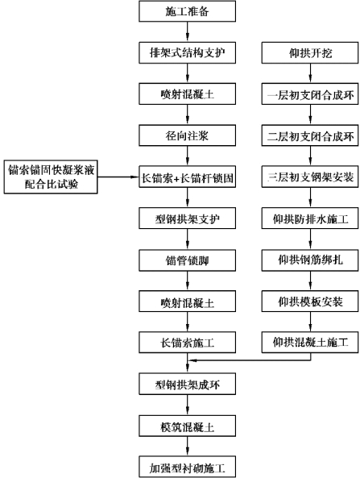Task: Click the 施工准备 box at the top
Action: pyautogui.click(x=188, y=11)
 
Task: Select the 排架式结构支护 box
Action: pyautogui.click(x=188, y=53)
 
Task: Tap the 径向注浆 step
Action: pyautogui.click(x=188, y=135)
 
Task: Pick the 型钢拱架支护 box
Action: pyautogui.click(x=188, y=218)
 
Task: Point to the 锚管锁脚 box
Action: pyautogui.click(x=188, y=260)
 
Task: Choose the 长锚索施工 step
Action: pyautogui.click(x=188, y=343)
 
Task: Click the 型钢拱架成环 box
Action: pyautogui.click(x=188, y=384)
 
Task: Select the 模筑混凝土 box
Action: pyautogui.click(x=188, y=426)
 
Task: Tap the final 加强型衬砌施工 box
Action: pyautogui.click(x=188, y=467)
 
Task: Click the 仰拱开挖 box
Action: pyautogui.click(x=310, y=53)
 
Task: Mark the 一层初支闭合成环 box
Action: pyautogui.click(x=310, y=94)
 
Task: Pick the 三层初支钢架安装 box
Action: pyautogui.click(x=310, y=177)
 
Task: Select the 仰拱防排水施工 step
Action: pyautogui.click(x=310, y=218)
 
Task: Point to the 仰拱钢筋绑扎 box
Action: pyautogui.click(x=310, y=260)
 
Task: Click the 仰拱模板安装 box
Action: pyautogui.click(x=310, y=301)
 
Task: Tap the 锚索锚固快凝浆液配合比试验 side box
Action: pyautogui.click(x=51, y=177)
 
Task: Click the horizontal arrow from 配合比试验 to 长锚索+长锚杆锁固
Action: pyautogui.click(x=118, y=177)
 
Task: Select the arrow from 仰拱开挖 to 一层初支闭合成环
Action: pyautogui.click(x=310, y=73)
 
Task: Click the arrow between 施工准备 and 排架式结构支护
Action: pyautogui.click(x=188, y=32)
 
